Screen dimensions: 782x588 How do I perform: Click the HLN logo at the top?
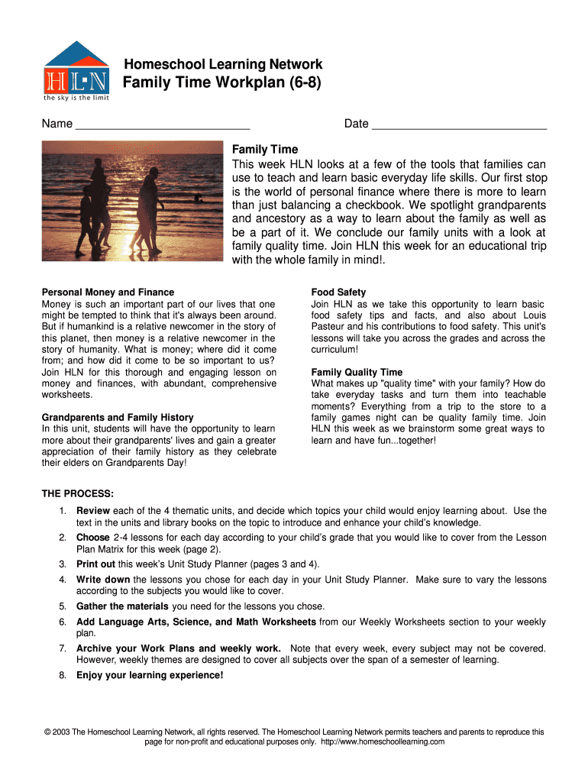point(76,70)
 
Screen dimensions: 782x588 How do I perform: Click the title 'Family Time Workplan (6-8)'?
point(222,82)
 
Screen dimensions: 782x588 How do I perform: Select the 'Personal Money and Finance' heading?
point(108,292)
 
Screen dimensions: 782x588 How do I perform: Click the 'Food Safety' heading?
point(338,292)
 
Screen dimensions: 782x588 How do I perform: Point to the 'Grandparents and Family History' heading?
point(118,418)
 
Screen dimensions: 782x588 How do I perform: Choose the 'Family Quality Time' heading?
point(357,373)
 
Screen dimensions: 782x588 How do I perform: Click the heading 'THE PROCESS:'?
point(78,493)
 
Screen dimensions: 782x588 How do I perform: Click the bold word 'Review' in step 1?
point(93,511)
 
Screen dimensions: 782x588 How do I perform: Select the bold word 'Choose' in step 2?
point(93,538)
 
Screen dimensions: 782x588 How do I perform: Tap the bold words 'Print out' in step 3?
point(95,564)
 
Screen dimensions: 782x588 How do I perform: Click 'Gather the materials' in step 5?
point(122,606)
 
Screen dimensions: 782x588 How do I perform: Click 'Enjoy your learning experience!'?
point(150,675)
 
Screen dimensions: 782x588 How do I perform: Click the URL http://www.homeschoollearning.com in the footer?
point(383,742)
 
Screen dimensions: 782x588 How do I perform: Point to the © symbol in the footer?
point(47,732)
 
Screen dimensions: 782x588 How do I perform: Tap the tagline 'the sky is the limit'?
point(76,98)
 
